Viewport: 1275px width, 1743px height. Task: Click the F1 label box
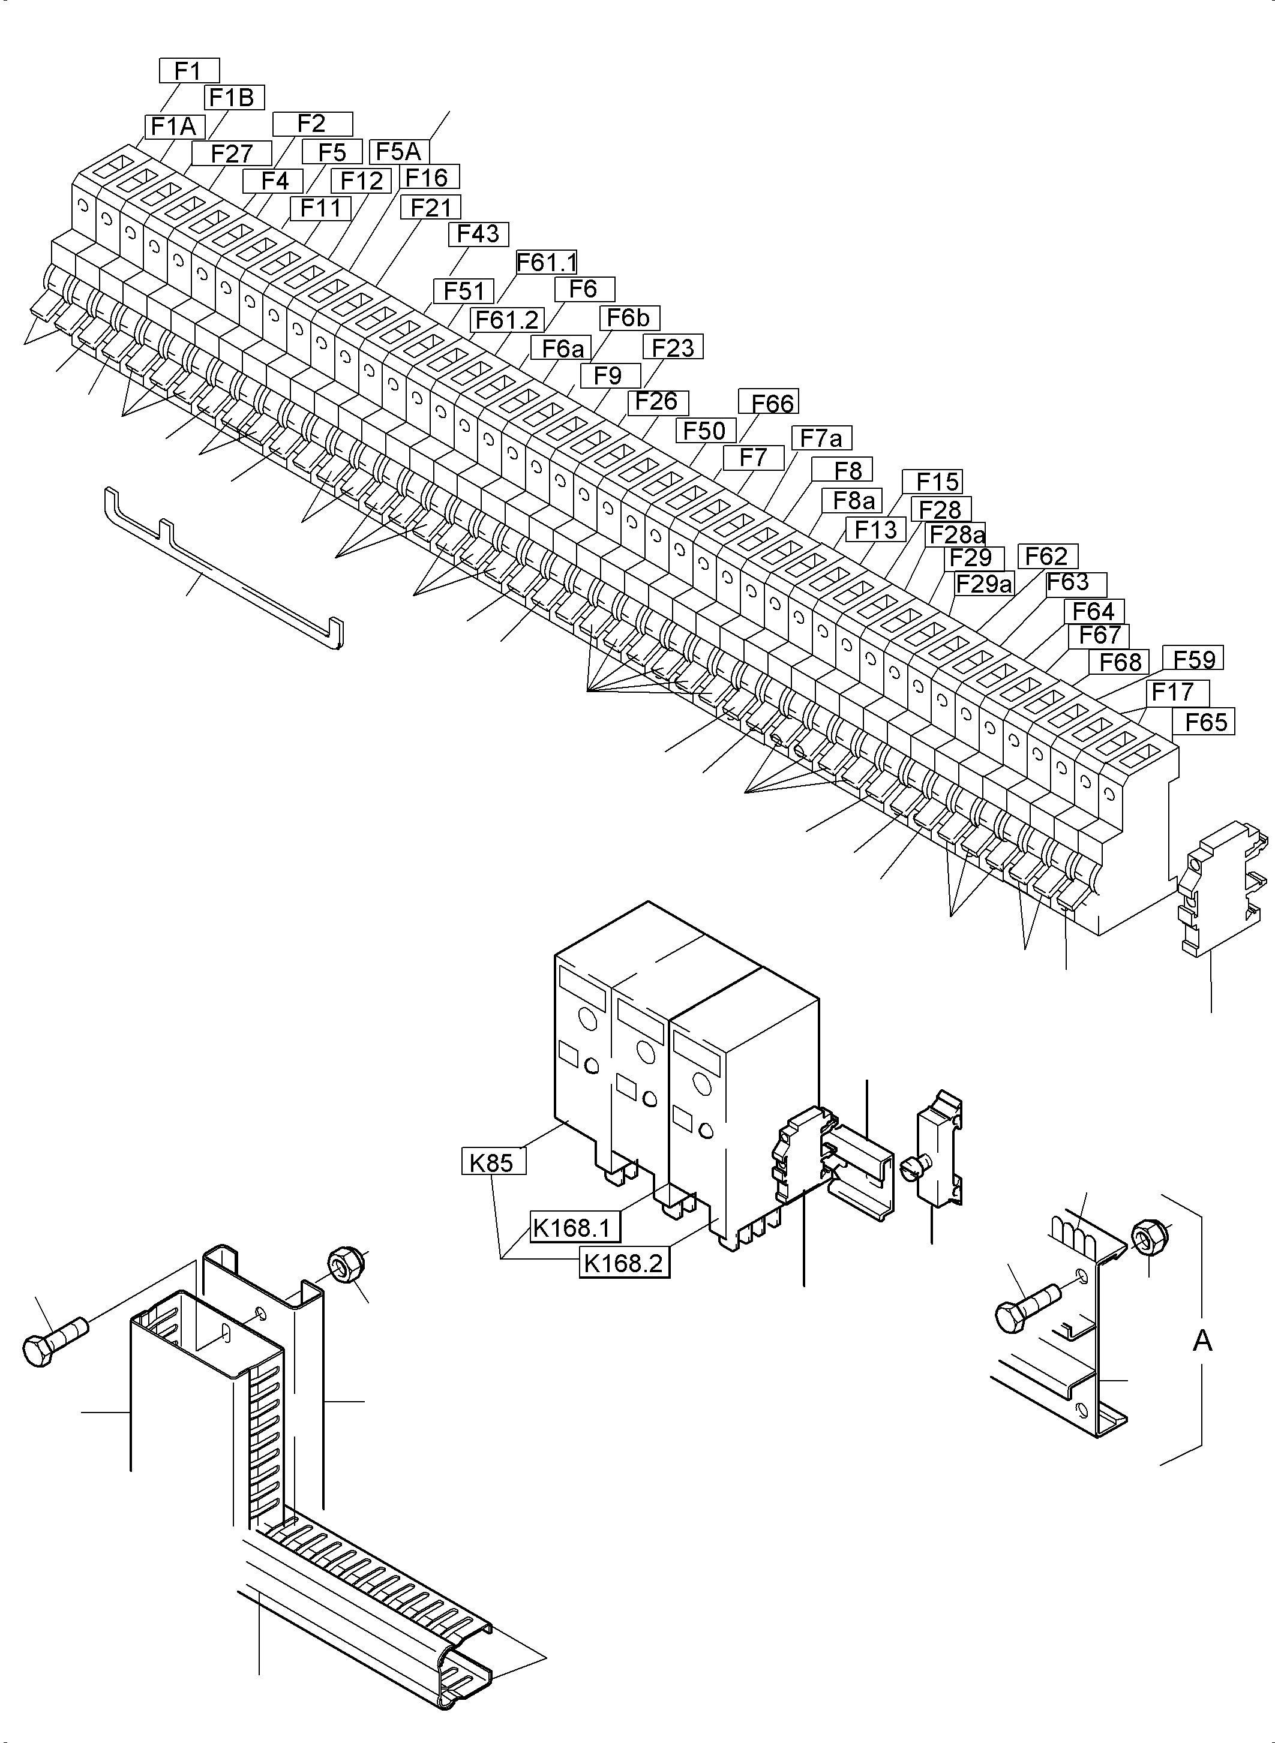(189, 70)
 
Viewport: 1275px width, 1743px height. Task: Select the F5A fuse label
(399, 151)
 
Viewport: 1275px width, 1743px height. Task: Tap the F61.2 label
(507, 320)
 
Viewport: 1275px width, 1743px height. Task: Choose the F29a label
(983, 584)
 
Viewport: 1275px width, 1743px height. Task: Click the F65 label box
(1205, 722)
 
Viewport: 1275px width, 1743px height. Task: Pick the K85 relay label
(493, 1162)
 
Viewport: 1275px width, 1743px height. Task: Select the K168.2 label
(623, 1264)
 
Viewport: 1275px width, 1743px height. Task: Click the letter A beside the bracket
(1202, 1342)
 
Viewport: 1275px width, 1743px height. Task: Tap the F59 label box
(1193, 659)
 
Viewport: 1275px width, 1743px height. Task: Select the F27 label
(232, 153)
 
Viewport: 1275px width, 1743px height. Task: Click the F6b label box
(629, 318)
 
